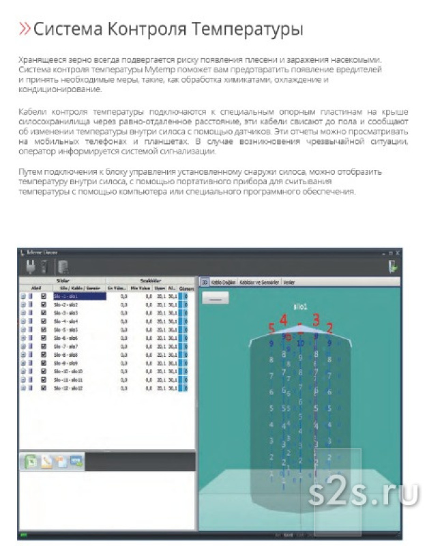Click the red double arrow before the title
24,29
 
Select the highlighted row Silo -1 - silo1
79,297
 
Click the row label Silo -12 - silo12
68,388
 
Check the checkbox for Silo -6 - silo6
44,338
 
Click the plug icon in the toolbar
30,268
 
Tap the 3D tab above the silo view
203,281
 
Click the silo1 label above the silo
299,306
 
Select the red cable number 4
284,319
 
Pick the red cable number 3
316,318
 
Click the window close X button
398,253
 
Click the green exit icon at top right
393,268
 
